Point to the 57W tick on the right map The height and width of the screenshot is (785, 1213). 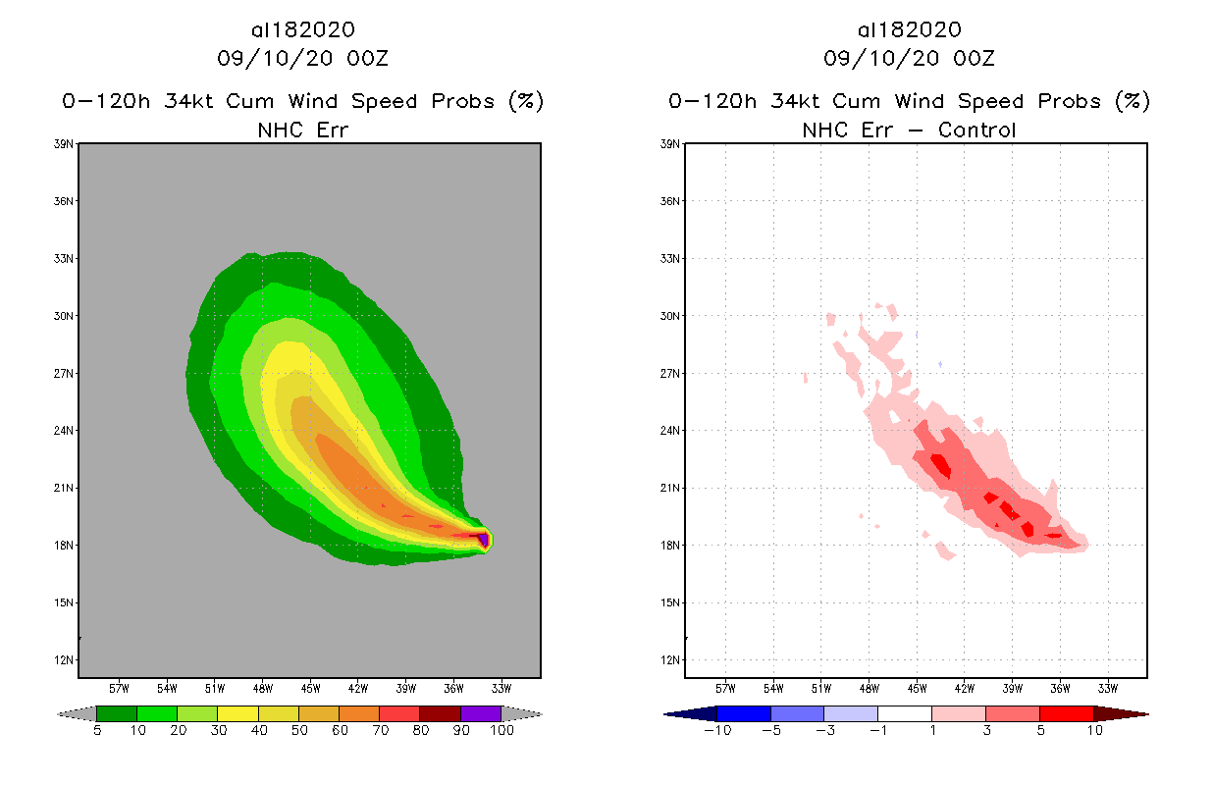[x=726, y=688]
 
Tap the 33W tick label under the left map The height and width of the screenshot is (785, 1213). [x=501, y=688]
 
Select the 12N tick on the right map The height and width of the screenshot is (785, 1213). [x=672, y=659]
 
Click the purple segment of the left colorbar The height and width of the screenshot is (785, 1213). [x=481, y=713]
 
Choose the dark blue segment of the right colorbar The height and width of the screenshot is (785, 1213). [x=744, y=713]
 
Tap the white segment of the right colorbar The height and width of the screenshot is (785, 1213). [x=904, y=713]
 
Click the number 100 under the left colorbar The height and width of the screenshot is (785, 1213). [x=501, y=730]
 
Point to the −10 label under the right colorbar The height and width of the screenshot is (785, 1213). [x=716, y=730]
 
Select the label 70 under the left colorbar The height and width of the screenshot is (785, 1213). [x=380, y=730]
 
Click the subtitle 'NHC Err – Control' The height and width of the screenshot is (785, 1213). [x=909, y=130]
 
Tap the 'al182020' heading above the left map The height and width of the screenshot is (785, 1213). [x=302, y=30]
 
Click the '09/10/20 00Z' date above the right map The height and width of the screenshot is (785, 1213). [x=909, y=59]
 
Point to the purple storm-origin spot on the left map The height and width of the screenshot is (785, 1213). [x=483, y=538]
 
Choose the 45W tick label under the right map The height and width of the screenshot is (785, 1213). [x=917, y=688]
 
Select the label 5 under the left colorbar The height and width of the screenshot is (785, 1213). [x=97, y=730]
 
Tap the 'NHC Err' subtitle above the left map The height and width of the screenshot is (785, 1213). [x=302, y=130]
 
